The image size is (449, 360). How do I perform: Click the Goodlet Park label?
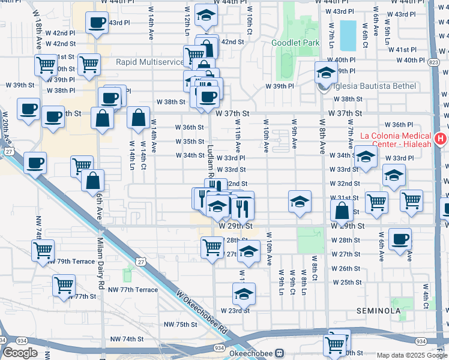coord(295,43)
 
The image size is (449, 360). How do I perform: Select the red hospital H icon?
coord(441,139)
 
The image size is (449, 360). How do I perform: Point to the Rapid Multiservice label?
coord(149,62)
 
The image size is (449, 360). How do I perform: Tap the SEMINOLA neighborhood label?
coord(378,311)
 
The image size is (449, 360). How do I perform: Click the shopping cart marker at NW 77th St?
coord(64,286)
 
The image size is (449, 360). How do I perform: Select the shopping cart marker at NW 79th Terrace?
coord(43,250)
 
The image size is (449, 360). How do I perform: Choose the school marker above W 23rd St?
coord(243,294)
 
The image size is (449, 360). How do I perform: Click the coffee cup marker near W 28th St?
coord(399,239)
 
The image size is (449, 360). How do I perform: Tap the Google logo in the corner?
coord(20,353)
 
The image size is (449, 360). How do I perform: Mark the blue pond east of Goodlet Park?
coord(347,35)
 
